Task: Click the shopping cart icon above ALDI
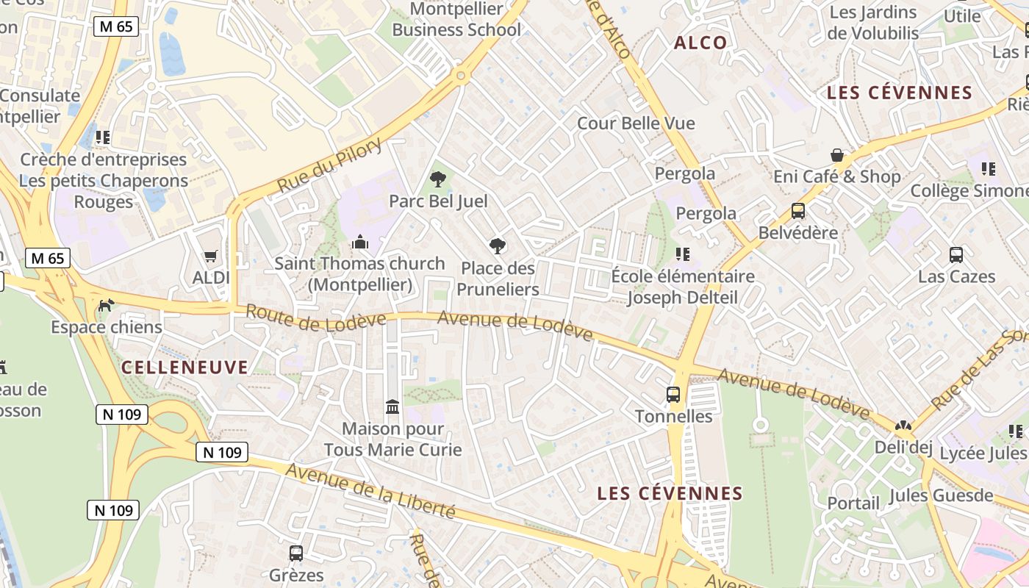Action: click(x=211, y=257)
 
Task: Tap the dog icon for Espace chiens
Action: click(x=107, y=305)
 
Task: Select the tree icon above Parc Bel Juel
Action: click(x=438, y=179)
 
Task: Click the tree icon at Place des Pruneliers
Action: click(x=498, y=245)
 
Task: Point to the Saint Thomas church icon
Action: click(x=360, y=242)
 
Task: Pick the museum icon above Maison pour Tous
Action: click(x=392, y=406)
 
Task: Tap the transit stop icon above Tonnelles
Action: click(x=673, y=394)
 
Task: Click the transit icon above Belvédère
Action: click(x=798, y=211)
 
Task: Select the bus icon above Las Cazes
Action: click(x=956, y=255)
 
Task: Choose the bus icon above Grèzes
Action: click(x=296, y=553)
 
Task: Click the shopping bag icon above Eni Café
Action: click(x=836, y=155)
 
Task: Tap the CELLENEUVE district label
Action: click(x=184, y=367)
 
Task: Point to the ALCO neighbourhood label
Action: click(x=700, y=43)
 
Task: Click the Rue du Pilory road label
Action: click(x=330, y=165)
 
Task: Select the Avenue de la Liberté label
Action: click(x=370, y=490)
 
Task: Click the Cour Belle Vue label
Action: click(x=636, y=123)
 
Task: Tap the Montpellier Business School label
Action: click(x=456, y=20)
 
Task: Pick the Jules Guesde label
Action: click(x=941, y=495)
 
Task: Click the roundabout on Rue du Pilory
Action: click(x=461, y=75)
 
